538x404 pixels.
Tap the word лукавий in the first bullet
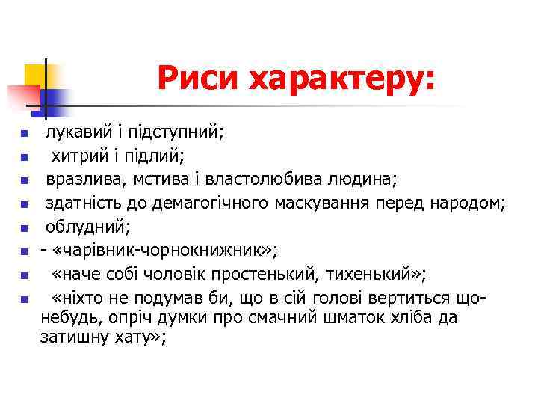point(72,133)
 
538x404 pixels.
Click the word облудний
point(78,226)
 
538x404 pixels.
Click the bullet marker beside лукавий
point(25,135)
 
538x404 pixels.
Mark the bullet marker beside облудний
point(25,227)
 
